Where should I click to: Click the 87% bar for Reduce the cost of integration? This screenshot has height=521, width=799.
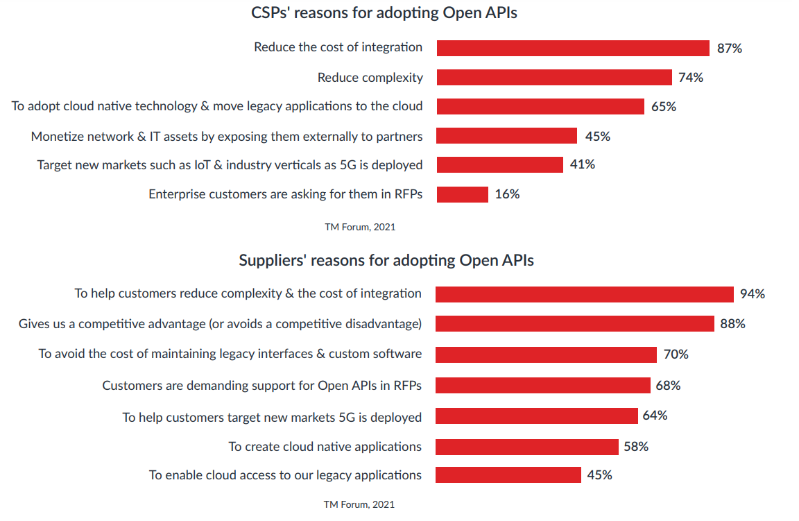(573, 48)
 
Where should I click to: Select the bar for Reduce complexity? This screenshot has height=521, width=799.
(554, 77)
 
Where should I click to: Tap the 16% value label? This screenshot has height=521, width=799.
(507, 194)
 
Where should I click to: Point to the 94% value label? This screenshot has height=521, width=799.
(752, 294)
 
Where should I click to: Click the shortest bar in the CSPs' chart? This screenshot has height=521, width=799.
(463, 194)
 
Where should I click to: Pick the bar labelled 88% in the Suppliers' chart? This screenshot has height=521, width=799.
(574, 323)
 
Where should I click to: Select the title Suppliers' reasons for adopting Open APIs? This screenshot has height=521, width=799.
(386, 260)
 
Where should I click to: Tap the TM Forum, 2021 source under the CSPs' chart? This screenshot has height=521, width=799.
(360, 227)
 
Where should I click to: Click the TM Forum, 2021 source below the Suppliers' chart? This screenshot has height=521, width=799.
(359, 504)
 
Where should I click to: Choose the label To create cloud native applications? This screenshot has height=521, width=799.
(325, 446)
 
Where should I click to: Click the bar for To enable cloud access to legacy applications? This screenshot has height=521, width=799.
(508, 475)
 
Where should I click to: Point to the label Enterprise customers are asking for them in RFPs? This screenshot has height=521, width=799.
(285, 194)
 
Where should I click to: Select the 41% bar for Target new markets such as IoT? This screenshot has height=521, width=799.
(499, 164)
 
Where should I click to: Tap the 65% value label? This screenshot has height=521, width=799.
(663, 107)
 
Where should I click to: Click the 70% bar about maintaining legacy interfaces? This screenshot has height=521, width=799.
(546, 355)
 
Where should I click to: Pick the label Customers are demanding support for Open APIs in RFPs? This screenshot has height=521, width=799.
(261, 385)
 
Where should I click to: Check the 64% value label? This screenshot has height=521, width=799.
(655, 416)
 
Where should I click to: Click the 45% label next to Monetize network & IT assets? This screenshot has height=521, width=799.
(597, 137)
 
